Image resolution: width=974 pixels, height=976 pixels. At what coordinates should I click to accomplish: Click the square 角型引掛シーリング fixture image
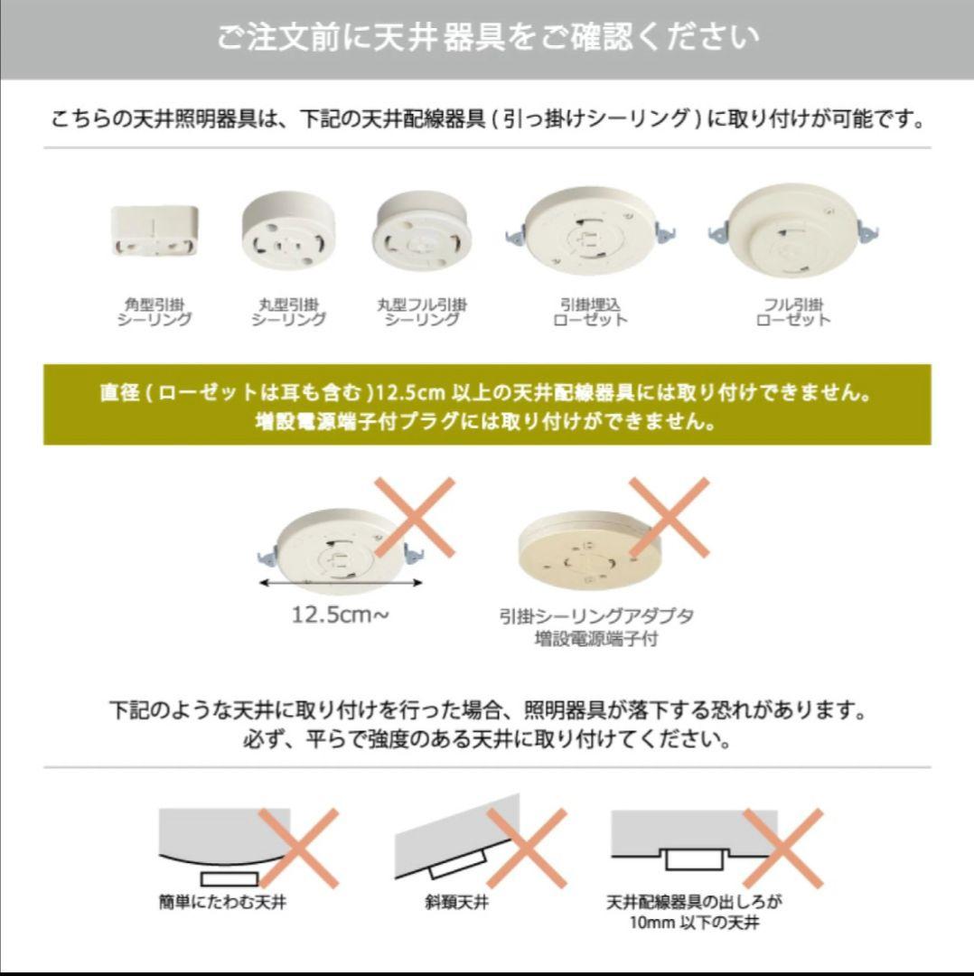pos(155,231)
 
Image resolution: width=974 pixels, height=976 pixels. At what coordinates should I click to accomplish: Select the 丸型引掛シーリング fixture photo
pos(288,231)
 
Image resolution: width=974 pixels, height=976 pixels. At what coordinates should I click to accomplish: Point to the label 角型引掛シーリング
pos(155,312)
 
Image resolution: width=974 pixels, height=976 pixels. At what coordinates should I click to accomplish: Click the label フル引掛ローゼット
pos(793,312)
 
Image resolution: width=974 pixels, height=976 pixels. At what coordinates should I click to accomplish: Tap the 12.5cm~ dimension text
pos(341,615)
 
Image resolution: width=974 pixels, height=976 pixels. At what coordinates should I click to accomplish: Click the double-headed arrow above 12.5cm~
pos(341,583)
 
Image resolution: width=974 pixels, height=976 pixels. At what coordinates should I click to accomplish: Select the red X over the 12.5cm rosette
pos(415,517)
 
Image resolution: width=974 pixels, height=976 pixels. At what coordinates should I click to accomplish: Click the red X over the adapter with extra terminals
pos(669,517)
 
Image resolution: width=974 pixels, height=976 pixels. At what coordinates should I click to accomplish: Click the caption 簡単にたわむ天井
pos(222,901)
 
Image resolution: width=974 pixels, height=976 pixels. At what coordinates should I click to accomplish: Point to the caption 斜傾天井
pos(456,901)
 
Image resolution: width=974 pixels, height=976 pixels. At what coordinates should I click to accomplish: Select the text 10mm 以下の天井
pos(694,922)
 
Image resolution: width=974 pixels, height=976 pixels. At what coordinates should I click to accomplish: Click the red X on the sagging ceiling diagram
pos(299,848)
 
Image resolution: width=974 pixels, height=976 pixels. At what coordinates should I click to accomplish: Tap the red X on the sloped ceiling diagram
pos(527,848)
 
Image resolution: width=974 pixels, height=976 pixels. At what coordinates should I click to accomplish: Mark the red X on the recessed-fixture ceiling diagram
pos(783,848)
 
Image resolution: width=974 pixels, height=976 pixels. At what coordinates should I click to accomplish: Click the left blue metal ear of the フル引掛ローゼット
pos(718,233)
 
